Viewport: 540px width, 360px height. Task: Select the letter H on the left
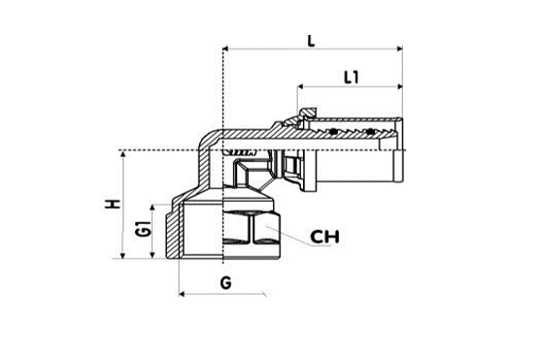pyautogui.click(x=115, y=206)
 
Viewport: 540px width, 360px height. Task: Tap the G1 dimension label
pyautogui.click(x=143, y=231)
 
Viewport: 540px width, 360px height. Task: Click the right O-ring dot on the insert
pyautogui.click(x=369, y=130)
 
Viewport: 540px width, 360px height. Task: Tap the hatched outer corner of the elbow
pyautogui.click(x=208, y=141)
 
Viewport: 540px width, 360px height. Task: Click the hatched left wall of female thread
pyautogui.click(x=176, y=229)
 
